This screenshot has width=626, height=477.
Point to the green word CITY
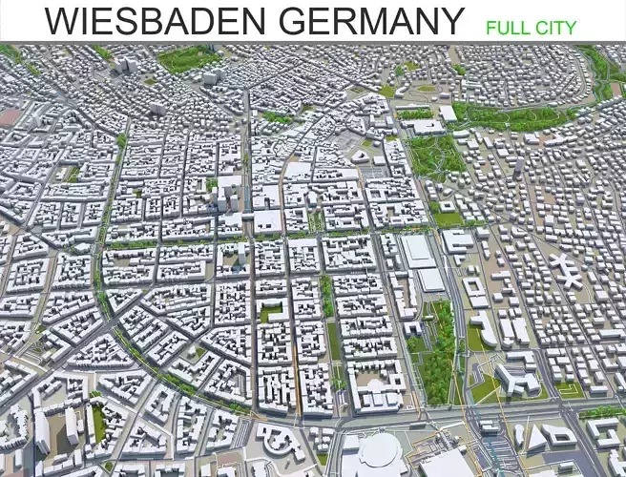(x=558, y=27)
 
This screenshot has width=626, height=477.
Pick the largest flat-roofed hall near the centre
(x=417, y=251)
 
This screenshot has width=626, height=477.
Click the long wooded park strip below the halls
(x=438, y=348)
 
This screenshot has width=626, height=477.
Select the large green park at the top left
(x=188, y=59)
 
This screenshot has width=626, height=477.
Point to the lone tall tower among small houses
(x=518, y=167)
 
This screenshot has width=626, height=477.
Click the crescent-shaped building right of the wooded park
(x=486, y=329)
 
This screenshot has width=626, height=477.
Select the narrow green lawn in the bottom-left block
(x=98, y=423)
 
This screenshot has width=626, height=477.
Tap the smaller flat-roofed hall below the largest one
(x=431, y=280)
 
